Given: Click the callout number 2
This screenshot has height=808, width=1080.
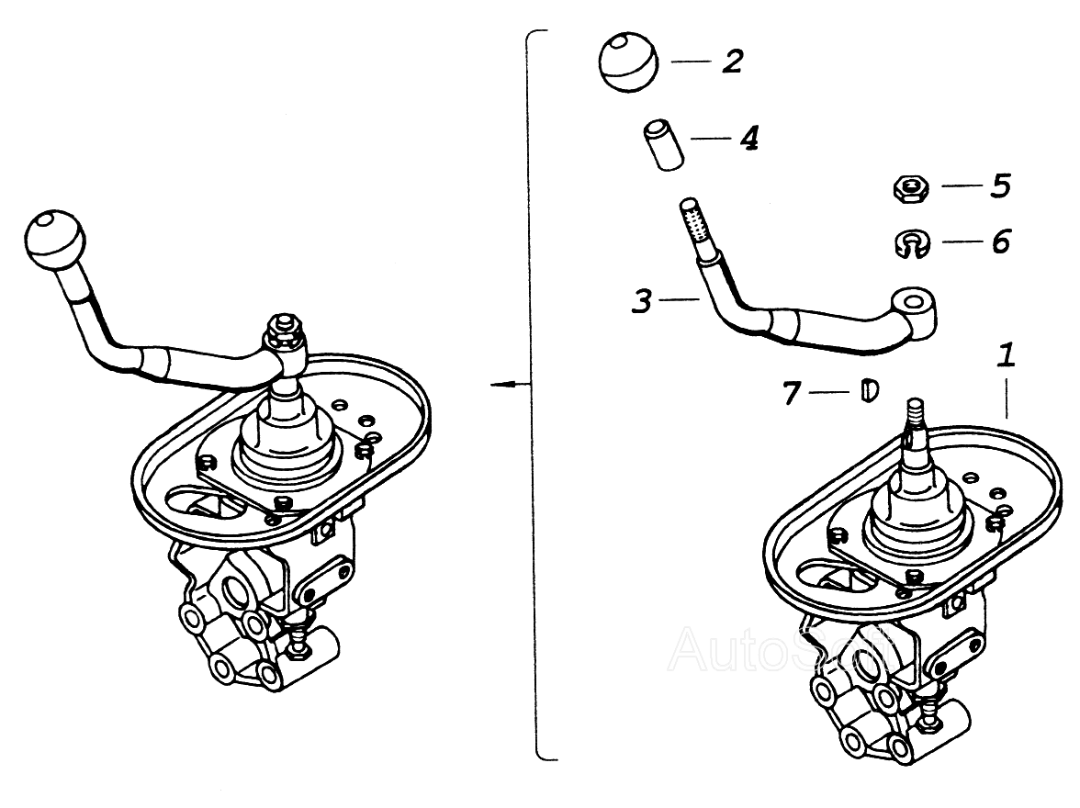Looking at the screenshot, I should (732, 62).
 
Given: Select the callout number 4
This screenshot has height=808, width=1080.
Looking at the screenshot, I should (748, 139).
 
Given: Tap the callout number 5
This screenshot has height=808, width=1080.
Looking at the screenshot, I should (999, 185).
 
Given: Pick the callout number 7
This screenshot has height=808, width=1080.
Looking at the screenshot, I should (792, 393).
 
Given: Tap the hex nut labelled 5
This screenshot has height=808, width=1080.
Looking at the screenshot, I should (910, 189).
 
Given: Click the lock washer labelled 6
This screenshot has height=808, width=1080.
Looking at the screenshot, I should (910, 244).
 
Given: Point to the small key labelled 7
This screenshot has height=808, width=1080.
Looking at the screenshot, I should (869, 391).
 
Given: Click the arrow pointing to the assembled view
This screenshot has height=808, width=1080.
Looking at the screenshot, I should (505, 384).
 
